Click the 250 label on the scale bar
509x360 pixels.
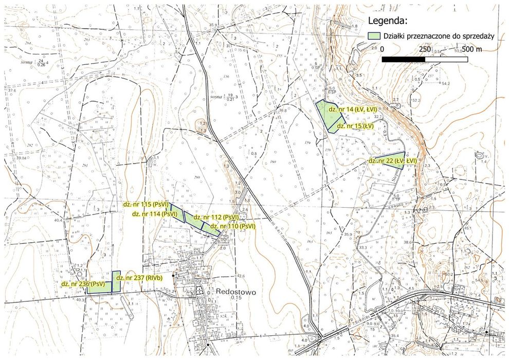point(424,49)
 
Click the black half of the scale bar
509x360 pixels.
point(403,59)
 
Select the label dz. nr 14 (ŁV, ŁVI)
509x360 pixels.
point(353,110)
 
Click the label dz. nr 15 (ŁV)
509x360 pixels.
point(355,125)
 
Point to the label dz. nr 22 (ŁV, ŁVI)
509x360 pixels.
point(392,161)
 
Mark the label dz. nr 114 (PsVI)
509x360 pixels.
point(155,213)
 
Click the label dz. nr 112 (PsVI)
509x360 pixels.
point(216,218)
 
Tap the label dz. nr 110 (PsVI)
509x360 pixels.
point(230,226)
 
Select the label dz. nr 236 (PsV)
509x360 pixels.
point(83,283)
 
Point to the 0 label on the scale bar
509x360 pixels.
point(382,49)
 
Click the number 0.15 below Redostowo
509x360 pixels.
point(236,298)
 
